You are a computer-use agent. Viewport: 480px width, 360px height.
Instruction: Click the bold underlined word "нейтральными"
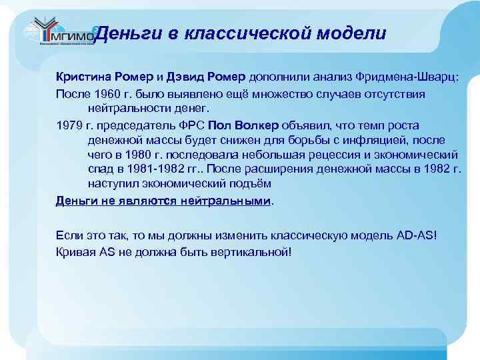(x=226, y=200)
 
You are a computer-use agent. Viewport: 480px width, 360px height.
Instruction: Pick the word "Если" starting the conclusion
(x=69, y=236)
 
